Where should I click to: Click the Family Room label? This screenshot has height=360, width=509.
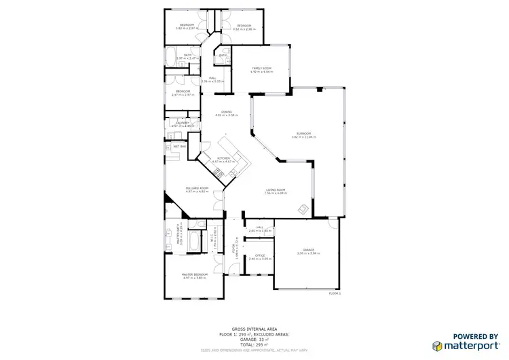coord(262,69)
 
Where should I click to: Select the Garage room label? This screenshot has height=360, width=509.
coord(308,250)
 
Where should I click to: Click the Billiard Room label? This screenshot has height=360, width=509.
coord(195,190)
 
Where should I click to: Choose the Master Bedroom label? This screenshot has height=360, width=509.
coord(194,275)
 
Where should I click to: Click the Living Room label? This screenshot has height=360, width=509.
coord(275,190)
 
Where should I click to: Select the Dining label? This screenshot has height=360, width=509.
coord(226,112)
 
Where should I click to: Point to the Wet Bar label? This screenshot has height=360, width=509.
coord(180,146)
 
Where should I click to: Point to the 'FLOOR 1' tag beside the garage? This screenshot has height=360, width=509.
coord(334,293)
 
